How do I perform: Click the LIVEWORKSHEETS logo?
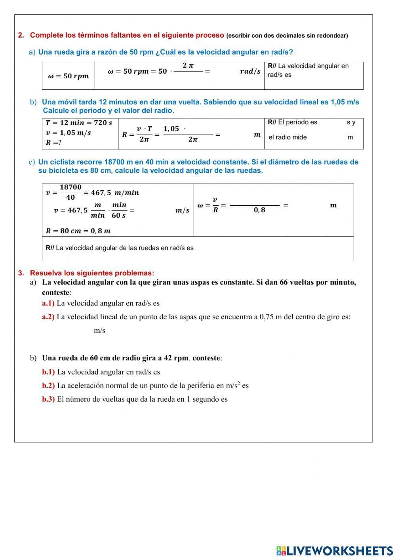[335, 551]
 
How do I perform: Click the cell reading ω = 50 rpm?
[69, 76]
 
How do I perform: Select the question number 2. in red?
[21, 35]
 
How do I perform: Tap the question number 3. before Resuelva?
[21, 273]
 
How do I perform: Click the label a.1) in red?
[48, 303]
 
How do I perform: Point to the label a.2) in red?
[48, 317]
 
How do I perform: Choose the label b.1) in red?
[48, 372]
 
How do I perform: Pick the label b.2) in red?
[48, 385]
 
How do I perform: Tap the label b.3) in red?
[48, 399]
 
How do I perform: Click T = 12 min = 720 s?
[79, 123]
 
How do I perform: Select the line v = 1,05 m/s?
[69, 133]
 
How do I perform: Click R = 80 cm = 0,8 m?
[78, 231]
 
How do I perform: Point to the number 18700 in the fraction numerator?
[70, 187]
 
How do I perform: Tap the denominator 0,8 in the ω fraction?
[259, 210]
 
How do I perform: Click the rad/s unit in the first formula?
[250, 71]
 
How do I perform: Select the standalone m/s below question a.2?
[99, 331]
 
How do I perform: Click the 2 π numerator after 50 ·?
[188, 65]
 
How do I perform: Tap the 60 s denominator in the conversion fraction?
[119, 216]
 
